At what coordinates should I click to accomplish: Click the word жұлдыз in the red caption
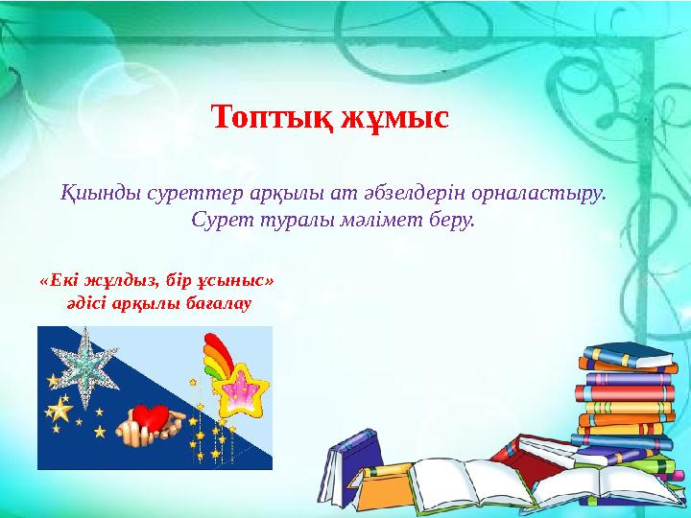coord(128,282)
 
